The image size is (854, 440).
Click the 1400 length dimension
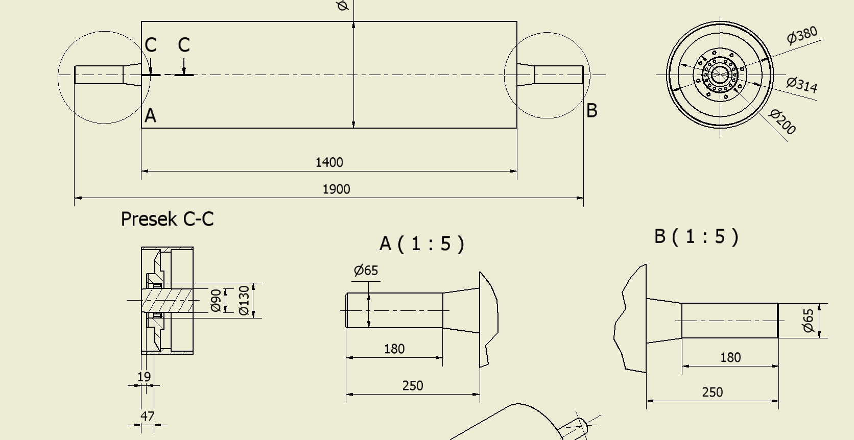pyautogui.click(x=329, y=163)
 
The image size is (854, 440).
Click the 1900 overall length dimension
pyautogui.click(x=336, y=189)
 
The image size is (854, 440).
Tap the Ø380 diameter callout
pyautogui.click(x=802, y=35)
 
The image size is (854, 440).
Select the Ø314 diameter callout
pyautogui.click(x=802, y=84)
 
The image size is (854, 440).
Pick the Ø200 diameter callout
pyautogui.click(x=782, y=122)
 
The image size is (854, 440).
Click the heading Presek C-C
pyautogui.click(x=167, y=219)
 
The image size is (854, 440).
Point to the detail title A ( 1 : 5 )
pyautogui.click(x=422, y=244)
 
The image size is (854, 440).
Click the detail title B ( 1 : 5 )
pyautogui.click(x=697, y=236)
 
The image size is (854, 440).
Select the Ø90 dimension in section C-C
pyautogui.click(x=216, y=301)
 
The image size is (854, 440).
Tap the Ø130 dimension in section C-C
pyautogui.click(x=244, y=301)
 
